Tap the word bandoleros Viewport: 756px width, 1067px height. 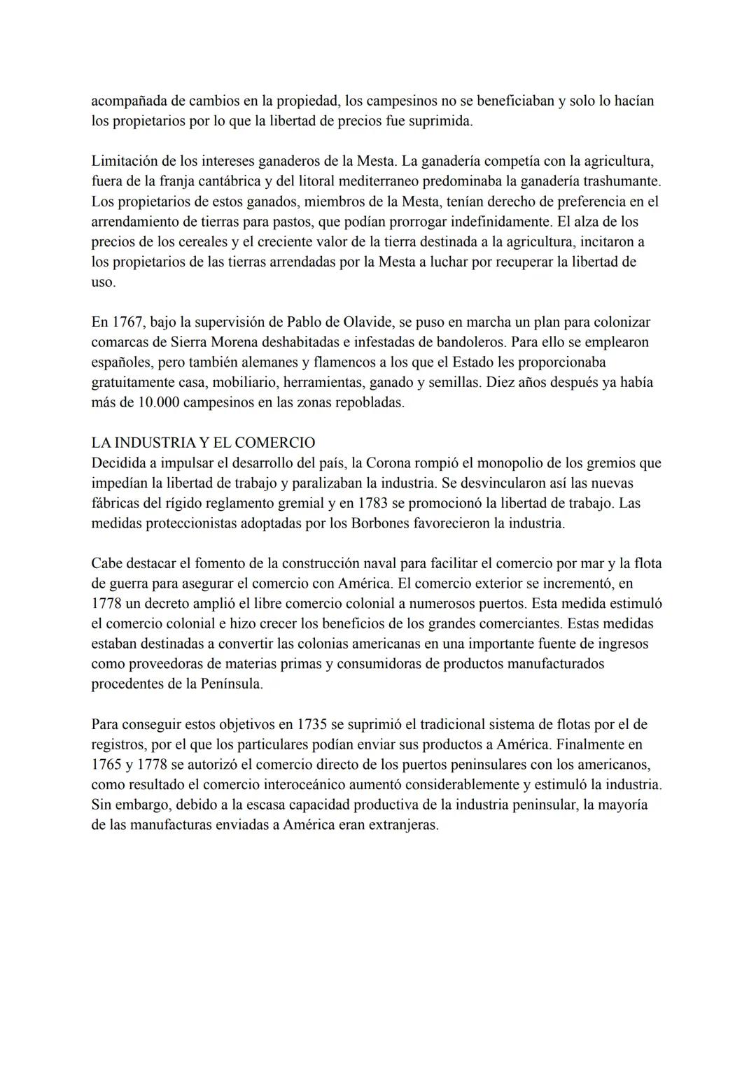476,343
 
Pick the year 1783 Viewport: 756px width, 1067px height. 374,503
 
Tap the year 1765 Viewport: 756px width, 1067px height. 106,765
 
